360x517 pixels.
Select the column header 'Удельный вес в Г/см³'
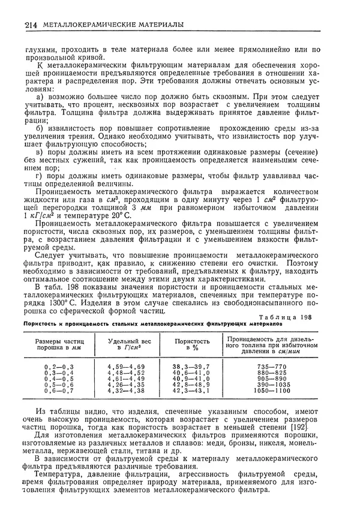[127, 344]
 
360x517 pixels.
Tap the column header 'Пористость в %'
[192, 344]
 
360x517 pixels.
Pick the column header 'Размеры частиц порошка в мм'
[59, 344]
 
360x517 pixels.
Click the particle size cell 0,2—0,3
[59, 366]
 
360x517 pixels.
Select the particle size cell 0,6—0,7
[59, 390]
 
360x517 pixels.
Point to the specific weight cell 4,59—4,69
[127, 366]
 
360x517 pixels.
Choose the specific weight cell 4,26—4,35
[127, 384]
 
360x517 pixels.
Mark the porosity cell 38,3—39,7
[191, 366]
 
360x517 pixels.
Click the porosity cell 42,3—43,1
[191, 390]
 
